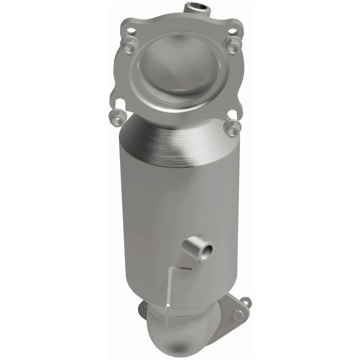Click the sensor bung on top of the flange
click(197, 8)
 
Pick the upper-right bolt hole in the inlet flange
click(232, 31)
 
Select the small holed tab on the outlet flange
click(246, 302)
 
